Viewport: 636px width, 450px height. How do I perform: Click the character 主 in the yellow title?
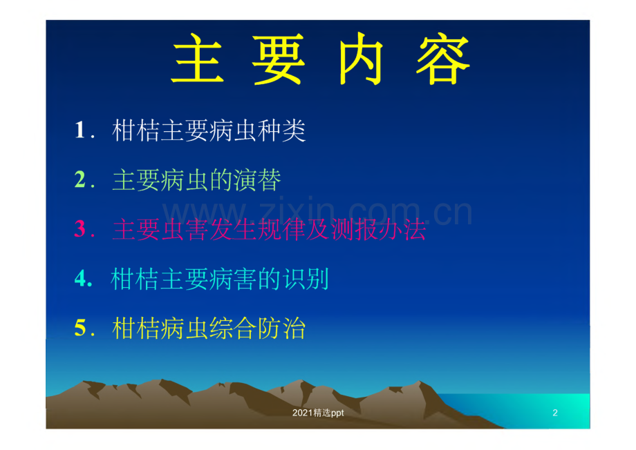198,59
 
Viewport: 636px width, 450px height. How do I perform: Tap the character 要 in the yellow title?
278,59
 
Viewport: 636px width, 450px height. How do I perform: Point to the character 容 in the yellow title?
443,60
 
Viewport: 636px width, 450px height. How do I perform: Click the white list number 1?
80,130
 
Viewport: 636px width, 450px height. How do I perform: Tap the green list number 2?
80,179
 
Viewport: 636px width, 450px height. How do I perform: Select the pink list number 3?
80,229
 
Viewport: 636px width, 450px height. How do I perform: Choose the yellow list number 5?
80,328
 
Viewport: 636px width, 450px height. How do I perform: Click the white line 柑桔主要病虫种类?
209,130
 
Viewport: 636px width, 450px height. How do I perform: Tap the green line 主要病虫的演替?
197,180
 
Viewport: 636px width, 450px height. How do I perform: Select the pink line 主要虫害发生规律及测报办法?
270,229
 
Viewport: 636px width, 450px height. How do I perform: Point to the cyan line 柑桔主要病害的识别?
219,279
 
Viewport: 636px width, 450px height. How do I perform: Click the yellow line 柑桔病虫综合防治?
209,328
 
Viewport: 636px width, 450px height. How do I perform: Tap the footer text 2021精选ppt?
318,413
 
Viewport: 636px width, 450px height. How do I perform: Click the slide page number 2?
555,413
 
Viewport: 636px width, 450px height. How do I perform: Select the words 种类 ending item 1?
281,130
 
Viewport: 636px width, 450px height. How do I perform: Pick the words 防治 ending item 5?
281,328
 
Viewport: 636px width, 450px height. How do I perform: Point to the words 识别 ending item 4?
306,279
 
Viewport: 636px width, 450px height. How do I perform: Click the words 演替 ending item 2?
257,180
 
